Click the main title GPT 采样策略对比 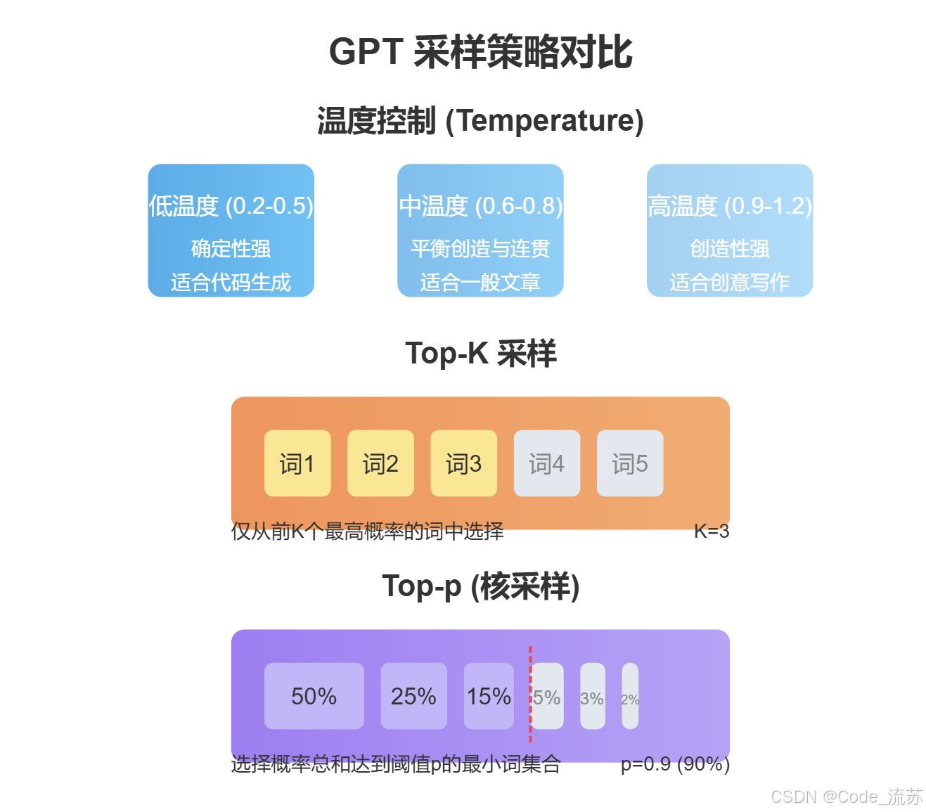point(480,53)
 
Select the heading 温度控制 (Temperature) point(480,121)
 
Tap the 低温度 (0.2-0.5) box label point(231,206)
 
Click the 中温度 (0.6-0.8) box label point(480,206)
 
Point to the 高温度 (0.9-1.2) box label point(730,206)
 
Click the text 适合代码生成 point(231,282)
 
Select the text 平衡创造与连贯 point(480,248)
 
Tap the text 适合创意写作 point(730,282)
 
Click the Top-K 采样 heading point(480,353)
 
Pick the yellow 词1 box point(297,463)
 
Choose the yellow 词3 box point(463,463)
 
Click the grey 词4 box point(546,463)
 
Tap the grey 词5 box point(629,463)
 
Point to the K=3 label point(711,531)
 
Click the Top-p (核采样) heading point(480,586)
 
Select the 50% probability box point(314,696)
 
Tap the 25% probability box point(413,696)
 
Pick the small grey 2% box point(630,696)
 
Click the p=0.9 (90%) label point(675,764)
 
